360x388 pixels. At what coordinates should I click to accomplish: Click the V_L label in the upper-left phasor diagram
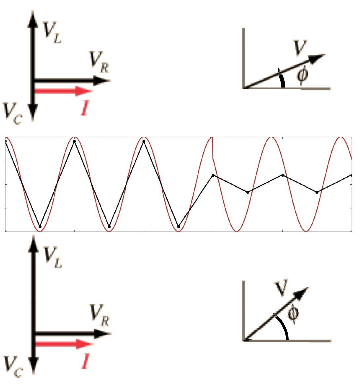(52, 32)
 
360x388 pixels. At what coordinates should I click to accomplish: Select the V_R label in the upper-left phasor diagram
(98, 62)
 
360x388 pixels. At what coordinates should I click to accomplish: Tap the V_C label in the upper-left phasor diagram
(12, 113)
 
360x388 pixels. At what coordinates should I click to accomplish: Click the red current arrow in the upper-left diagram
(63, 91)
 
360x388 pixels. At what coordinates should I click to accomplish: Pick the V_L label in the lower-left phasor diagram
(53, 256)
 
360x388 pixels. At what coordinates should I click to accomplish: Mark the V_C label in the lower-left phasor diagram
(13, 367)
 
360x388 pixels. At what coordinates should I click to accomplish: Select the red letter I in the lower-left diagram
(86, 361)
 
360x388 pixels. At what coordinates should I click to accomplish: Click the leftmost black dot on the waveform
(5, 141)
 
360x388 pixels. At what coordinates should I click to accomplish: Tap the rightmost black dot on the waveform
(351, 175)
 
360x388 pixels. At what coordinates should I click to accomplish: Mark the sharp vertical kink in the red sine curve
(212, 149)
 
